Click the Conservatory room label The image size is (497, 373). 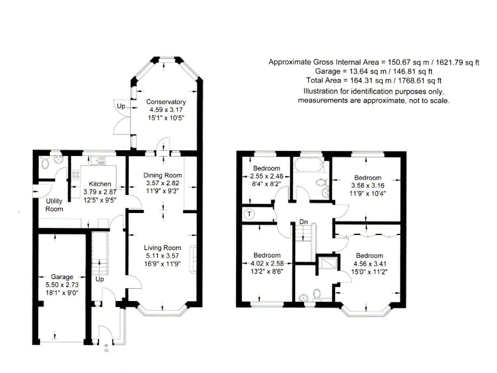pyautogui.click(x=166, y=102)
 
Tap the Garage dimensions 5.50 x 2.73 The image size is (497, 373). pyautogui.click(x=62, y=285)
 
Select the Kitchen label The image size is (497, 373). pyautogui.click(x=100, y=184)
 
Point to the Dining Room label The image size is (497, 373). pyautogui.click(x=162, y=175)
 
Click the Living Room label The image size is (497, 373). pyautogui.click(x=162, y=248)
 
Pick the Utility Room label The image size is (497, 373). pyautogui.click(x=54, y=205)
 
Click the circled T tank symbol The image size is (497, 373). pyautogui.click(x=249, y=214)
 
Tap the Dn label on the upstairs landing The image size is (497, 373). pyautogui.click(x=304, y=221)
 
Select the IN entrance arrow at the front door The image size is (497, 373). pyautogui.click(x=106, y=348)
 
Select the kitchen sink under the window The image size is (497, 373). pyautogui.click(x=96, y=161)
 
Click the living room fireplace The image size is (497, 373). pyautogui.click(x=193, y=260)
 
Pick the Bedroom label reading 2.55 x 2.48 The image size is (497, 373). pyautogui.click(x=266, y=176)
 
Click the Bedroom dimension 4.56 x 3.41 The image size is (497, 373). pyautogui.click(x=370, y=264)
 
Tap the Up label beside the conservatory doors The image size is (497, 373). pyautogui.click(x=121, y=106)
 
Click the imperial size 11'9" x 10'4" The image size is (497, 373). pyautogui.click(x=368, y=193)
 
